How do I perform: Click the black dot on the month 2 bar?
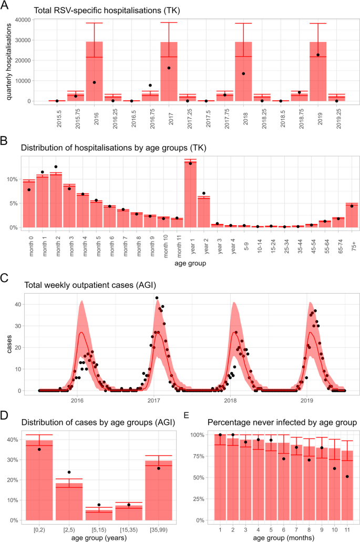(56, 167)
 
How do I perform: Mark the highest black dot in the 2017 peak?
(157, 298)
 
